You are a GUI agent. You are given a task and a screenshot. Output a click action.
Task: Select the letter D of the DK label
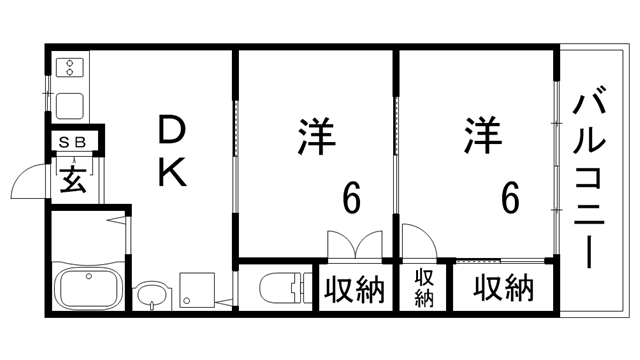[x=173, y=130]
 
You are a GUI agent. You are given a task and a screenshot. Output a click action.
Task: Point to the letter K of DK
[x=173, y=174]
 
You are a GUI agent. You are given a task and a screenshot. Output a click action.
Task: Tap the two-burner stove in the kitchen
[x=71, y=68]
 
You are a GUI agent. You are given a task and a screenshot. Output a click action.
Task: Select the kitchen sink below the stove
[x=71, y=104]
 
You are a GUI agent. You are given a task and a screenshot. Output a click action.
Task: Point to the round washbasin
[x=151, y=294]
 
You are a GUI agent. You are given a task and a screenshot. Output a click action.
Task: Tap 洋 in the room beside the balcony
[x=480, y=138]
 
